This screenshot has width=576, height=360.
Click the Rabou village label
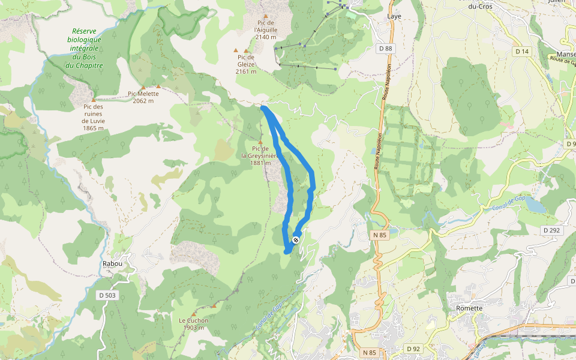(x=112, y=263)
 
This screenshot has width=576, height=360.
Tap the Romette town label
(x=469, y=308)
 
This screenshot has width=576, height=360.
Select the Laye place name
(x=394, y=17)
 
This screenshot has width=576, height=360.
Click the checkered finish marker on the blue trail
(x=296, y=240)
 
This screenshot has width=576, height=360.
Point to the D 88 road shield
(x=385, y=48)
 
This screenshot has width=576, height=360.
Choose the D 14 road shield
(x=522, y=52)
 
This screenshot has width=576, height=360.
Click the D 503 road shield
(x=107, y=295)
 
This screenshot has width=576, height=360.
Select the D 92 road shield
(x=413, y=349)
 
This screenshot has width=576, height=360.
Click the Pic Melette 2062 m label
(x=143, y=97)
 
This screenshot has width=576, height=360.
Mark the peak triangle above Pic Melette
(x=143, y=88)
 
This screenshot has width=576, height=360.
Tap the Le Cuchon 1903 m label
(x=193, y=324)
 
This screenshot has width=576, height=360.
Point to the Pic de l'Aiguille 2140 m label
(x=265, y=29)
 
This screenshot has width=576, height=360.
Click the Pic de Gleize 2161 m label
(x=246, y=64)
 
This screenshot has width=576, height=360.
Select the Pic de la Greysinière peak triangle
(x=260, y=142)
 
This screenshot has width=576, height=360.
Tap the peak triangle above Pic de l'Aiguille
(x=265, y=16)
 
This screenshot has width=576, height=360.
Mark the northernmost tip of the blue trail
(x=263, y=107)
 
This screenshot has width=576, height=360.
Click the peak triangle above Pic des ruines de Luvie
(x=94, y=100)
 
